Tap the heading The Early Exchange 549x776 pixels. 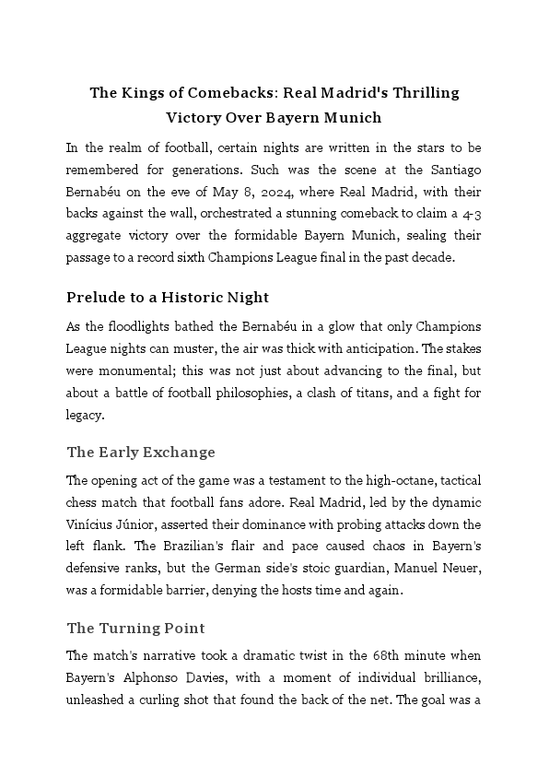141,453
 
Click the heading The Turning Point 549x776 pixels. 135,629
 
